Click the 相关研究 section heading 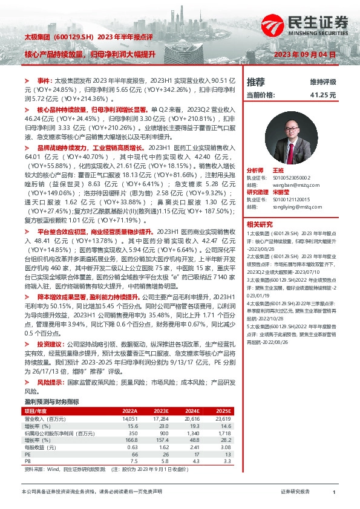[260, 223]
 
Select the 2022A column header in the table [130, 411]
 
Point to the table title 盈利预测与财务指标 [51, 401]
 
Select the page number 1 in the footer [334, 493]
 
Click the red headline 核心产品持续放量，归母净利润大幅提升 [90, 54]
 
